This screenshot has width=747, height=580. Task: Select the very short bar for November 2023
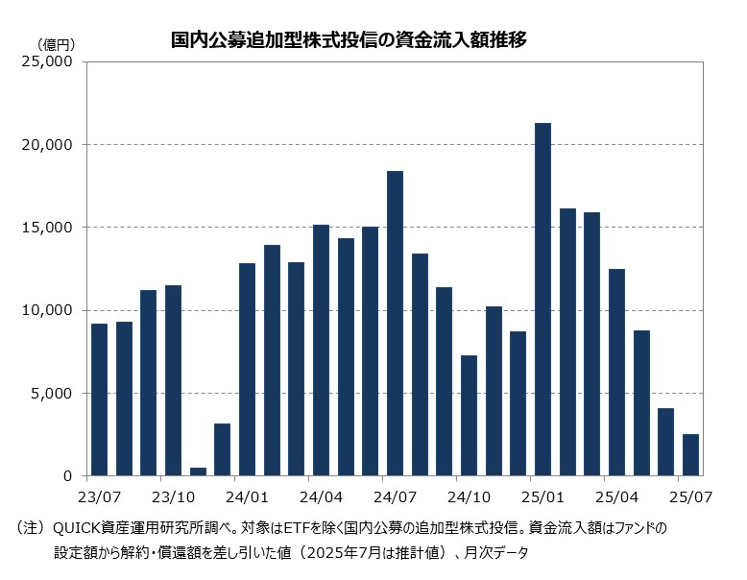tap(198, 471)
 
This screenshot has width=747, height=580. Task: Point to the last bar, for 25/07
tap(690, 455)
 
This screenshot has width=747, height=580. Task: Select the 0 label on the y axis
tap(68, 476)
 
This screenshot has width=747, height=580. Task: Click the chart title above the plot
tap(348, 40)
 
